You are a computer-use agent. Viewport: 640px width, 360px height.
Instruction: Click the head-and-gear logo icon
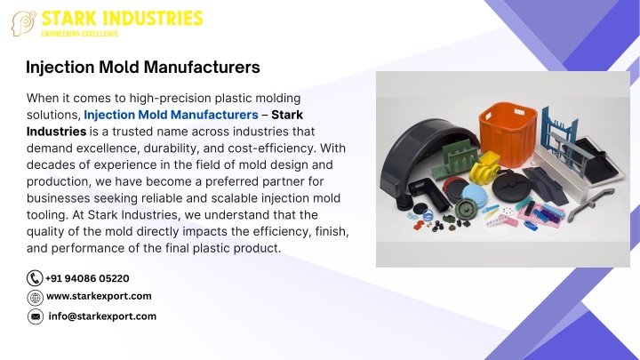24,23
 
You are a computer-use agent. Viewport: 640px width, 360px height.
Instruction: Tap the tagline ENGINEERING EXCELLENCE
80,34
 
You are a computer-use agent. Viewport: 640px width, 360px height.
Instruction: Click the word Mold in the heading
117,68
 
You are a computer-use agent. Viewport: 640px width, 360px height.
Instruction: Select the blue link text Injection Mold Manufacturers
171,115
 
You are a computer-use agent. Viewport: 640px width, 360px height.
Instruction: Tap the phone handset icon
35,278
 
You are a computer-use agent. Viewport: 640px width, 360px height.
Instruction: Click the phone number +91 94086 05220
87,278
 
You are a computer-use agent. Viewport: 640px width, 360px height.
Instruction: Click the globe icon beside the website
35,298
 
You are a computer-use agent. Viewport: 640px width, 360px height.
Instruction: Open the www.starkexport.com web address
100,296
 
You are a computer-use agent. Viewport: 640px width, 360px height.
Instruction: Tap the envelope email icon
36,316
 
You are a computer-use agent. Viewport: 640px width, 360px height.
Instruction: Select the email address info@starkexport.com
102,316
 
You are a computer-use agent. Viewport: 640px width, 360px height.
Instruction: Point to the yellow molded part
484,168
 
